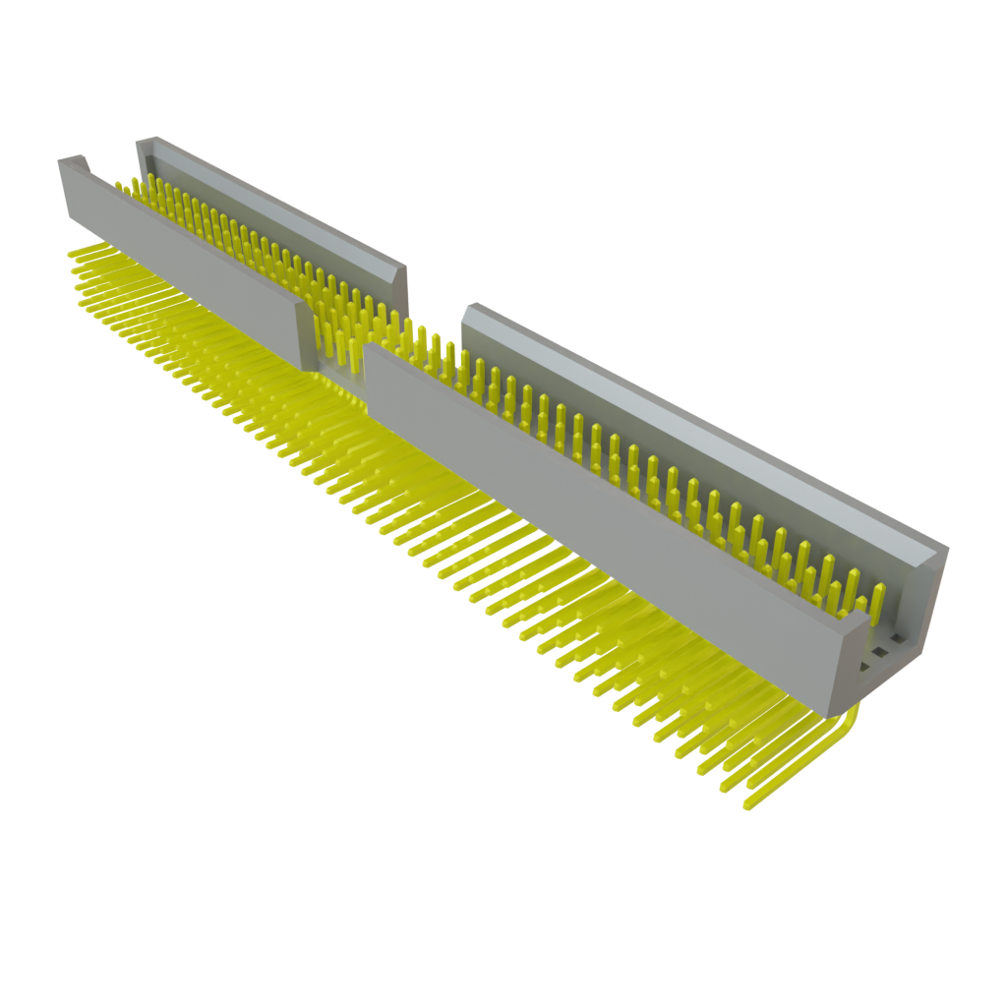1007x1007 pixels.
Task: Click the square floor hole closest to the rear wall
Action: coord(899,636)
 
